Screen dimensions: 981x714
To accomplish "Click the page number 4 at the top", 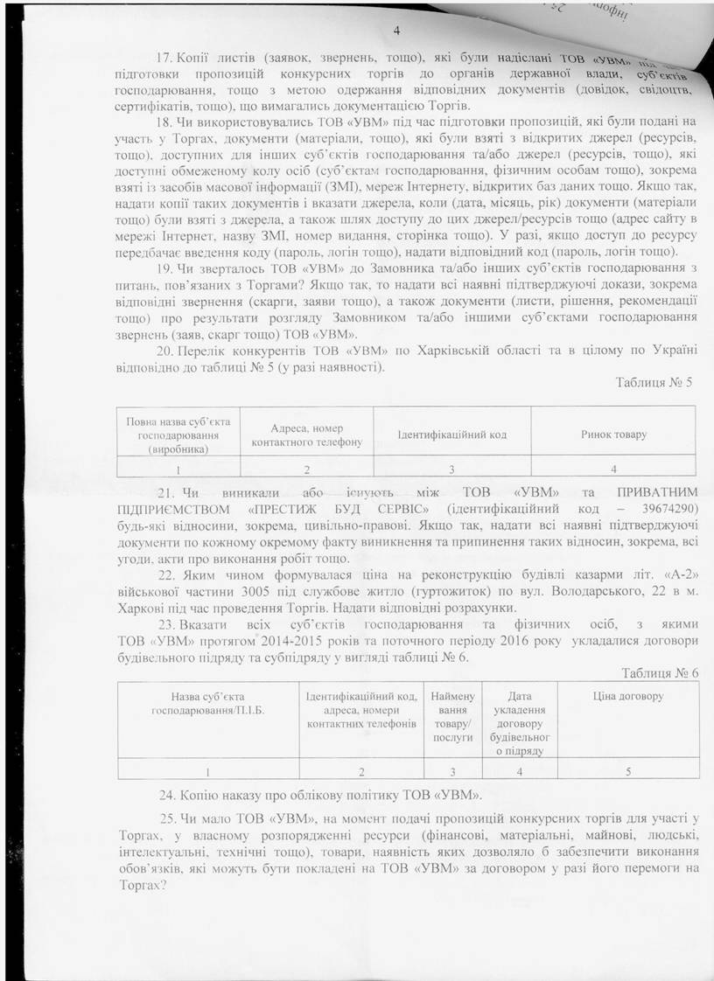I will click(x=396, y=32).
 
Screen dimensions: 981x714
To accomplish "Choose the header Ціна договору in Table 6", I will click(x=627, y=696).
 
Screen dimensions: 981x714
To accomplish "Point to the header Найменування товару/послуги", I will click(x=452, y=716).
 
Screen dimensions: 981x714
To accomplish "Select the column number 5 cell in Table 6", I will click(x=627, y=771).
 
